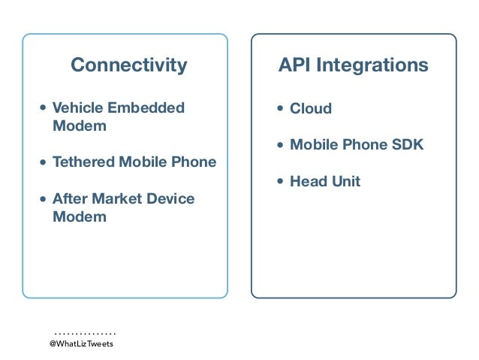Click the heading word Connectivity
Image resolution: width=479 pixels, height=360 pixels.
128,65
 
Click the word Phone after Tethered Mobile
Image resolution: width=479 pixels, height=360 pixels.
194,162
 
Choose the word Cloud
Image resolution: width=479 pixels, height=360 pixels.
311,109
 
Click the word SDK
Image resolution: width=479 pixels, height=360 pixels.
407,145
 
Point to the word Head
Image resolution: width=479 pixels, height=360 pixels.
309,181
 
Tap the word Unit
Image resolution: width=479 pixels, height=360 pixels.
346,181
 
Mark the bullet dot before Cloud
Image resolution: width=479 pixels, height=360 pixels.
281,110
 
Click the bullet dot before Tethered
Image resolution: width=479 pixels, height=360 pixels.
44,163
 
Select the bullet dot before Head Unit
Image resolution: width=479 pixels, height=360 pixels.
281,182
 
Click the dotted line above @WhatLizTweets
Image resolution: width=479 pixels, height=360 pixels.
85,331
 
